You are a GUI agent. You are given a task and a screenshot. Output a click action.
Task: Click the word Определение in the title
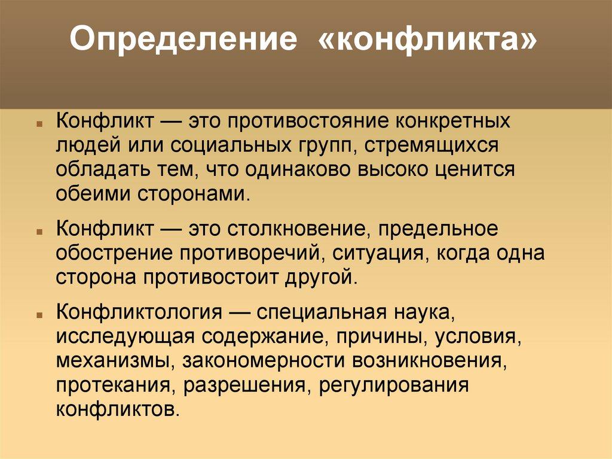182,41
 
